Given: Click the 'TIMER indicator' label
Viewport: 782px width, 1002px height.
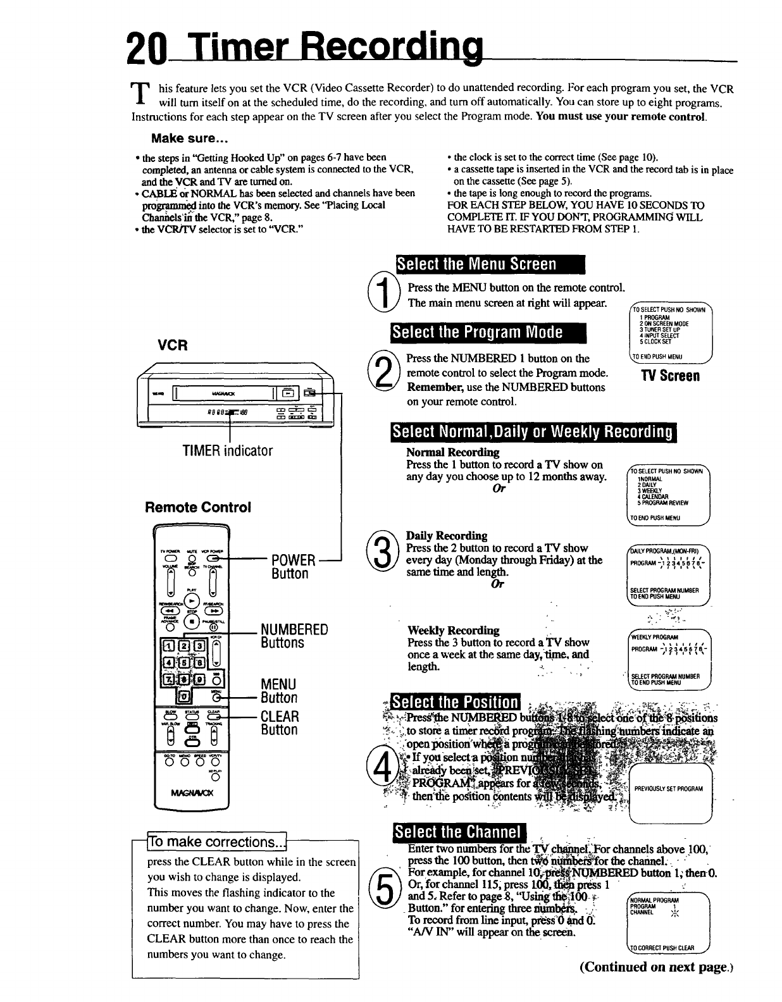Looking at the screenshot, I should (x=227, y=451).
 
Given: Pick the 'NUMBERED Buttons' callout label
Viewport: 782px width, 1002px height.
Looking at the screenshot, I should (x=294, y=636).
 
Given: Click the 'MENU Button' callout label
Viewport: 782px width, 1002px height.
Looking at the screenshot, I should (x=279, y=691).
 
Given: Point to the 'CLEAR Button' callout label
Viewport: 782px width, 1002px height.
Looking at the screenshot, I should (x=280, y=723).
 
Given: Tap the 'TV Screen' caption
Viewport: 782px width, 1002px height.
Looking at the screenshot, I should (x=670, y=376).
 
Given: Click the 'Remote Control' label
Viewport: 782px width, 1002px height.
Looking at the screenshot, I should (x=198, y=507).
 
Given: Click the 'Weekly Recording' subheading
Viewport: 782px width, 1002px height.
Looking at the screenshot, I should (x=453, y=630).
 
